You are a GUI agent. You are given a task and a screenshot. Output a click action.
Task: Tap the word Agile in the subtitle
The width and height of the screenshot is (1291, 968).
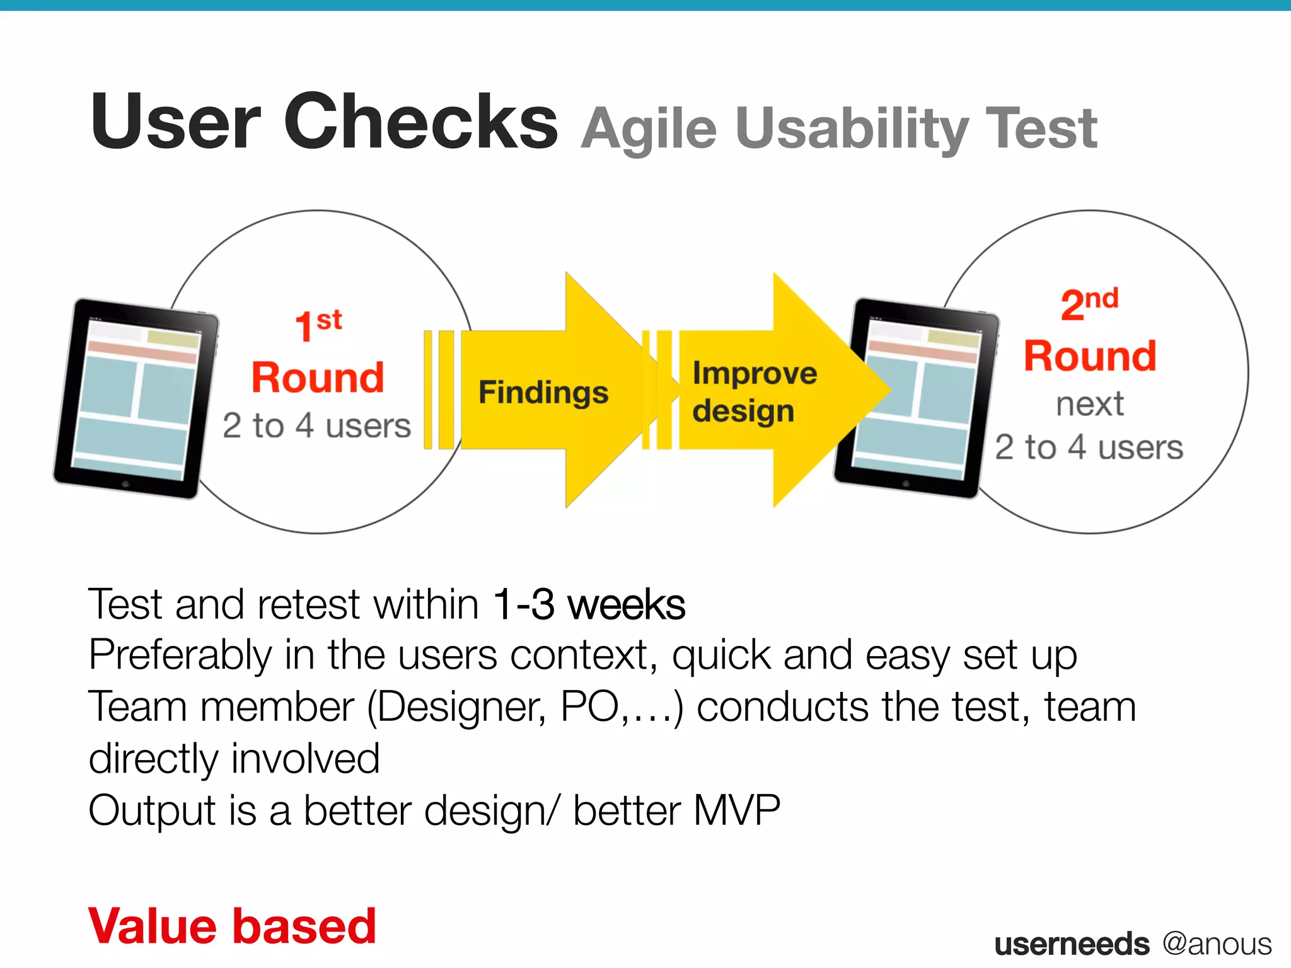tap(649, 130)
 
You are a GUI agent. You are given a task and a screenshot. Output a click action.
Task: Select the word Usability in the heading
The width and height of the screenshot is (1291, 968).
tap(851, 130)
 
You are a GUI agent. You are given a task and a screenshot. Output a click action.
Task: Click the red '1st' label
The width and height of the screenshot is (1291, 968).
tap(318, 325)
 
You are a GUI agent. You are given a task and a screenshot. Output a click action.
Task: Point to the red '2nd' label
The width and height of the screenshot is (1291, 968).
tap(1089, 304)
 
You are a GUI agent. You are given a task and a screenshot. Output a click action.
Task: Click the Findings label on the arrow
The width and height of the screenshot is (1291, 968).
tap(543, 392)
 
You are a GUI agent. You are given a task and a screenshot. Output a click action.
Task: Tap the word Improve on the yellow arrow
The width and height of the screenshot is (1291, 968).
tap(755, 373)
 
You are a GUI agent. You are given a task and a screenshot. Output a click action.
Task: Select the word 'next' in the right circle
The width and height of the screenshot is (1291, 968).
tap(1090, 404)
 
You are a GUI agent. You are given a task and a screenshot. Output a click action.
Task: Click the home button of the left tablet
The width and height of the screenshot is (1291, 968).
tap(125, 484)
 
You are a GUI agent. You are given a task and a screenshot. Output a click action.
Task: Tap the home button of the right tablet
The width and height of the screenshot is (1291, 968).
tap(905, 484)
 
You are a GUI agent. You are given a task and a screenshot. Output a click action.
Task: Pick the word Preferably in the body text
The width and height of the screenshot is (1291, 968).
tap(180, 656)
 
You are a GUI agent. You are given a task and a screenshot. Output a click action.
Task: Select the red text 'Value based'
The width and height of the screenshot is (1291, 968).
tap(232, 926)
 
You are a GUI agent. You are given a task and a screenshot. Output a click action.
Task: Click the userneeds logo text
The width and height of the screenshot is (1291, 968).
tap(1071, 944)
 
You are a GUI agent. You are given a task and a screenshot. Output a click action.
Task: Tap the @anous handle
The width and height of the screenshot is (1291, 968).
tap(1217, 943)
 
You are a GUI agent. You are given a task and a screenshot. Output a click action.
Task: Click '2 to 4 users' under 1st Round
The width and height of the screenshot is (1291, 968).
tap(316, 425)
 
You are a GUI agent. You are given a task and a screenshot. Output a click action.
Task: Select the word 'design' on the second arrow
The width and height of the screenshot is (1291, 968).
tap(743, 412)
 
